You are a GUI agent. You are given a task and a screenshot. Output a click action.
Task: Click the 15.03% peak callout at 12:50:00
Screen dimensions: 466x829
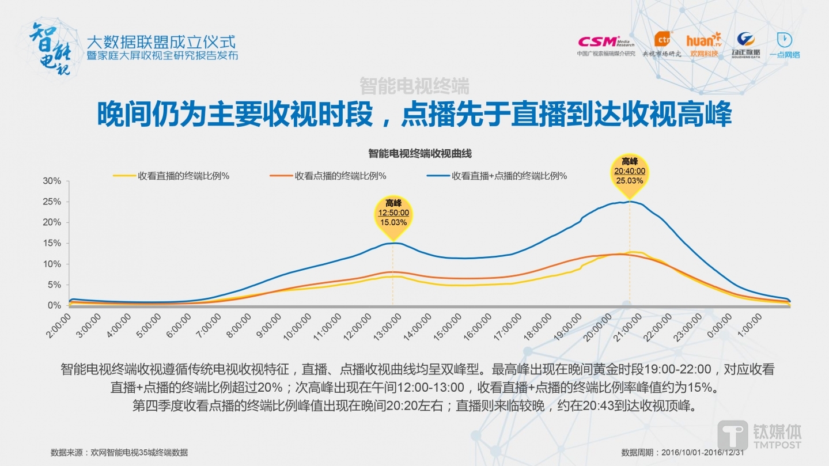393,213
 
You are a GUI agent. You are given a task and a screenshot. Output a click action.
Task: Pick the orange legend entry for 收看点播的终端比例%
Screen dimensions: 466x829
328,176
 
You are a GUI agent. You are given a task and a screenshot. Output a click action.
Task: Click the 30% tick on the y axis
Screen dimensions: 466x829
52,181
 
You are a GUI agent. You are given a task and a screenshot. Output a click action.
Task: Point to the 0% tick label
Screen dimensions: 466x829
54,305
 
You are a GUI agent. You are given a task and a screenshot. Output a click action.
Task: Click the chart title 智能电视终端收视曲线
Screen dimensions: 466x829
420,153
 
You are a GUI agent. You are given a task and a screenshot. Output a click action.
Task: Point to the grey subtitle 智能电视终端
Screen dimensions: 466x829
414,86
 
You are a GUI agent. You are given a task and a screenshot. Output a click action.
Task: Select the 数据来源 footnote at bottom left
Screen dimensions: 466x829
119,452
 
